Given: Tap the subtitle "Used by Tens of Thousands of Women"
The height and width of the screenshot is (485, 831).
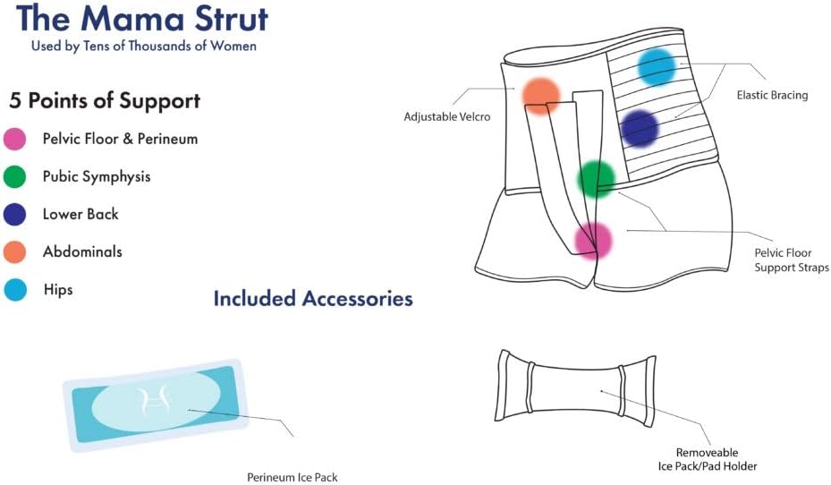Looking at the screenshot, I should pos(143,46).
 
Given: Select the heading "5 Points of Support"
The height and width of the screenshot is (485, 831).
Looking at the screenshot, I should pos(106,100).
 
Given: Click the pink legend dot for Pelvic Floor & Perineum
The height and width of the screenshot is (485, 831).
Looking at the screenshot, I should pos(16,139).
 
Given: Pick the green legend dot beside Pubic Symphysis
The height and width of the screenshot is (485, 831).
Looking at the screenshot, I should pos(16,177).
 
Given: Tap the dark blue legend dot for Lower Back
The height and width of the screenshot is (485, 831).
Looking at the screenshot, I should pos(16,215).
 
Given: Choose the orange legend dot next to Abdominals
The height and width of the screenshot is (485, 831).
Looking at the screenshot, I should pos(16,252).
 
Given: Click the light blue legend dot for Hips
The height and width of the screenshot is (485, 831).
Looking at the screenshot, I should pos(16,290).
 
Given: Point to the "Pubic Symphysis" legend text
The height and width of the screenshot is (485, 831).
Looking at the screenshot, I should pos(97,177).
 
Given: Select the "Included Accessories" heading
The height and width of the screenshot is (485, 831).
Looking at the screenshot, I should pos(313,299).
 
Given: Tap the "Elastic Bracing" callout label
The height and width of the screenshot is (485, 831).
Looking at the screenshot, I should pos(772,95).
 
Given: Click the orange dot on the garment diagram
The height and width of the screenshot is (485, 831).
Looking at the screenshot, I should pos(540,95).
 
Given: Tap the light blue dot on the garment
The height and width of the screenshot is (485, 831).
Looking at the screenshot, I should pos(657,67).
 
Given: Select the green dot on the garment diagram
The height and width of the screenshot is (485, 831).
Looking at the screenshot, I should pos(596,179).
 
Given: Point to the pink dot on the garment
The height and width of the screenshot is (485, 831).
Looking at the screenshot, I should pos(592,240).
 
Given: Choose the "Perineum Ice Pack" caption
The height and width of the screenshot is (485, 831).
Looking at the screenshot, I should pos(293,477).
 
